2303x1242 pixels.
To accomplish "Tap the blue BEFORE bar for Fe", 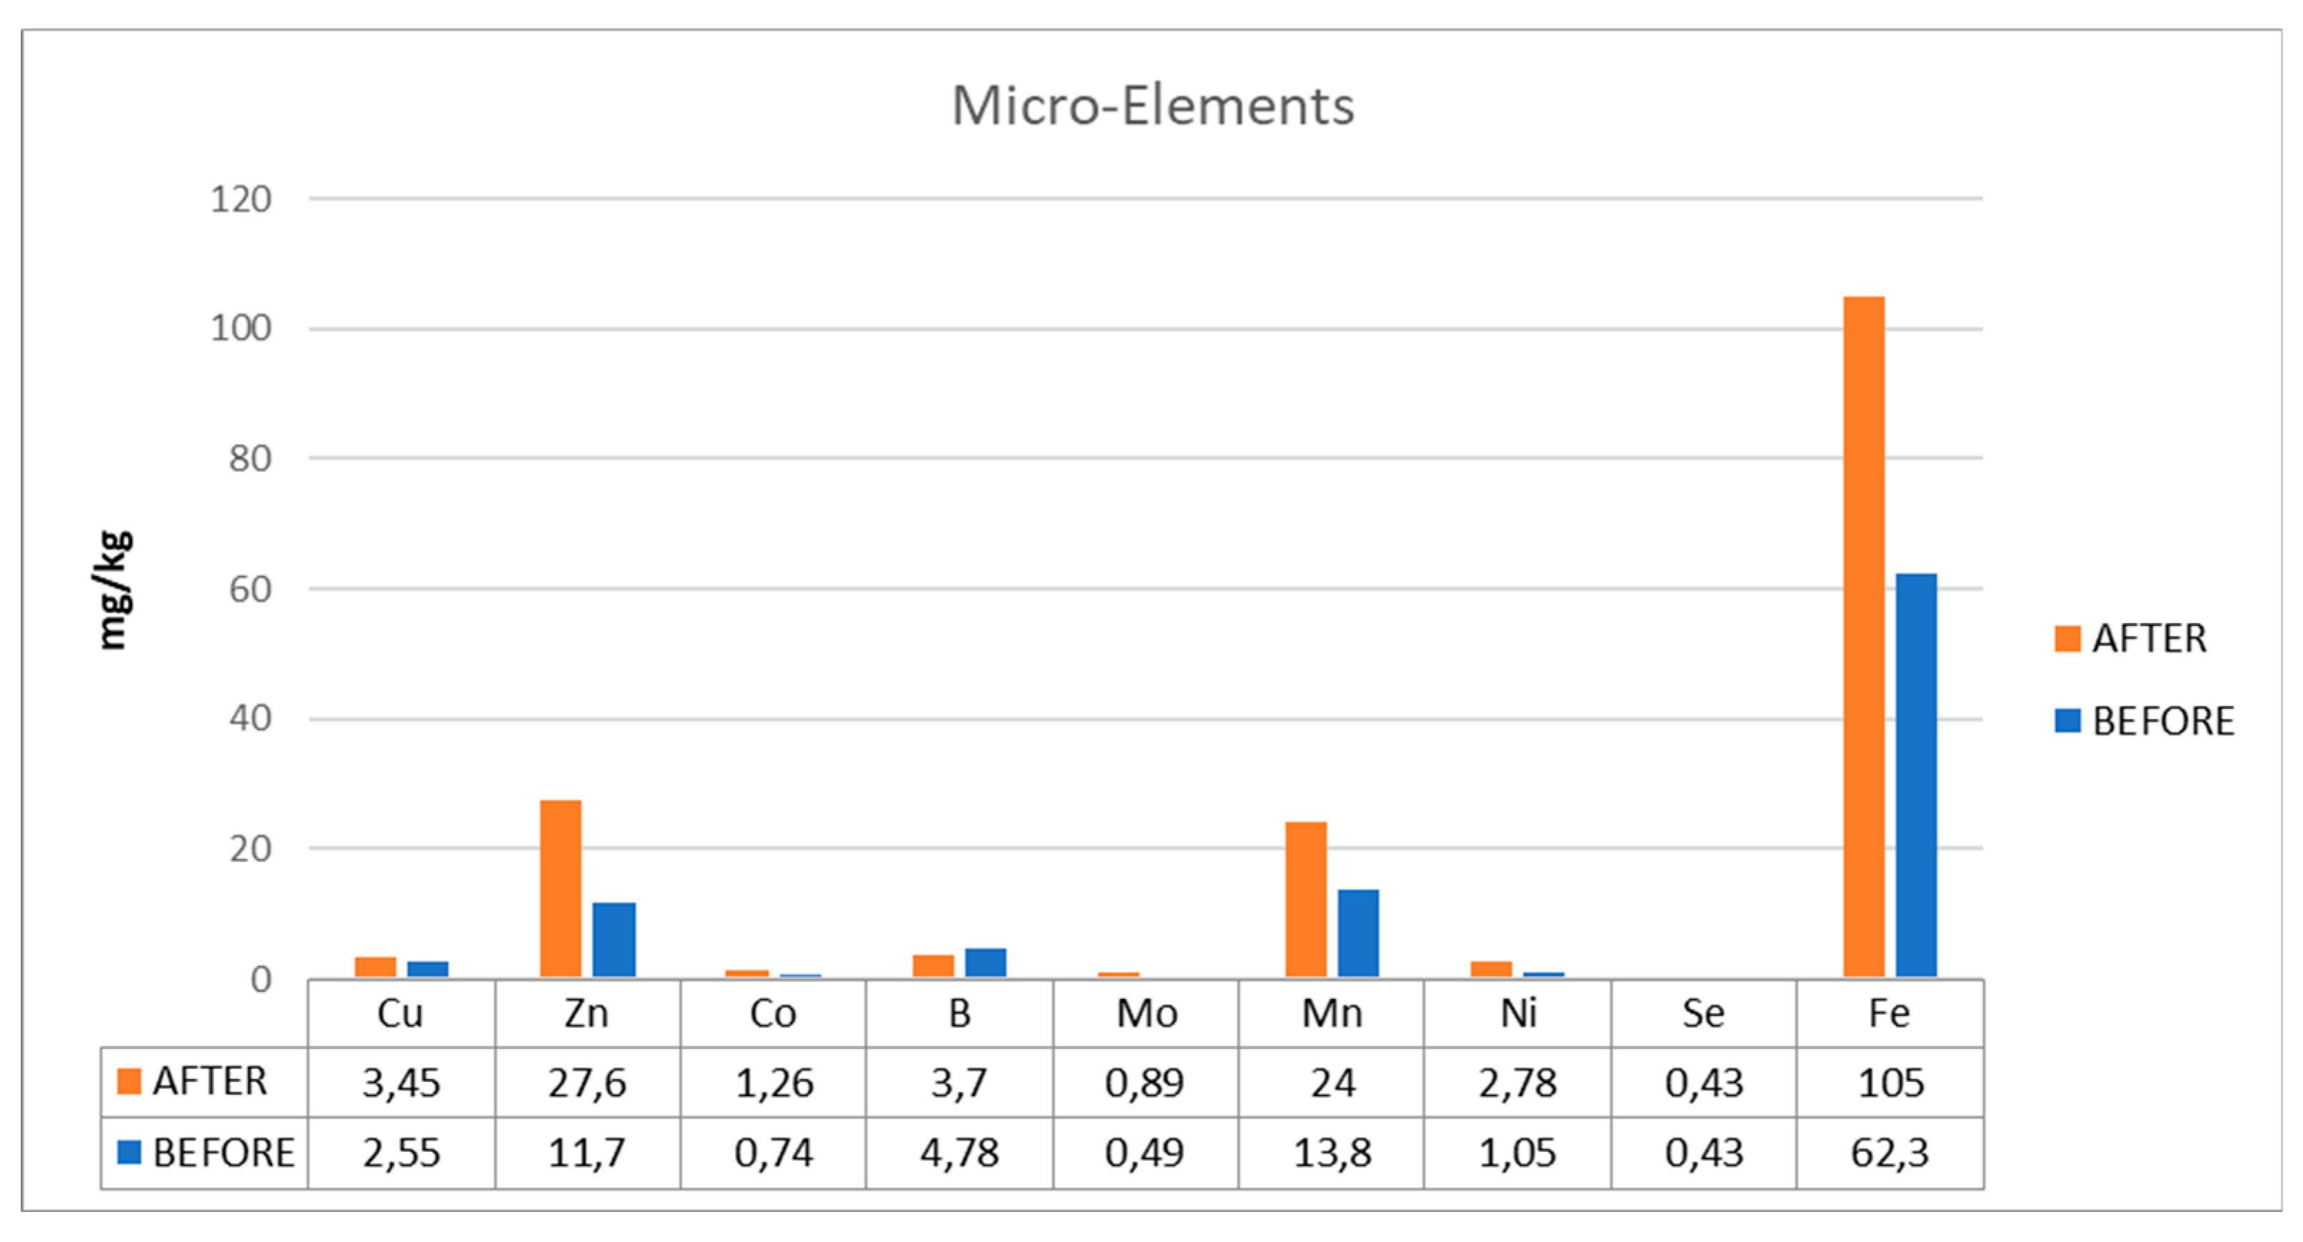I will click(x=1916, y=775).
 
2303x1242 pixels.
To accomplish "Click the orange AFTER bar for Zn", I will click(x=561, y=888).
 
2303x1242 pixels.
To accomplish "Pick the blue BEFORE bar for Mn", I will click(x=1358, y=933).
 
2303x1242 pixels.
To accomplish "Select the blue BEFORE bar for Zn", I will click(x=614, y=939).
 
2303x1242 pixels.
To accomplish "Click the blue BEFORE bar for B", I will click(x=985, y=962).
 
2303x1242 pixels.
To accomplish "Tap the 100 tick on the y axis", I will click(x=241, y=329).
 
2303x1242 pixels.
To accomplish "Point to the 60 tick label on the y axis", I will click(x=249, y=590).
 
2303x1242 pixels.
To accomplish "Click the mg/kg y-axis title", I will click(x=114, y=590).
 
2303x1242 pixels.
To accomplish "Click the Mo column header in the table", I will click(x=1146, y=1014).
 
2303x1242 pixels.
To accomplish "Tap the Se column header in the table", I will click(x=1703, y=1014).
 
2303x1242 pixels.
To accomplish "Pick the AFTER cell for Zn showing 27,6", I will click(x=587, y=1083).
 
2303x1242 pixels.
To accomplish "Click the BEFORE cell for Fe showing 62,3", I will click(x=1889, y=1153).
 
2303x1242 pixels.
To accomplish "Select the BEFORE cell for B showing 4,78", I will click(x=959, y=1153).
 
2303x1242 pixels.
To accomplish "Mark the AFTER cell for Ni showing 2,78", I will click(x=1517, y=1083).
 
